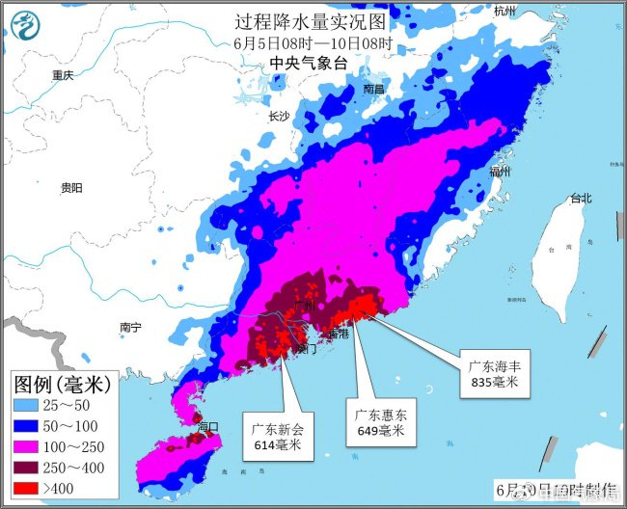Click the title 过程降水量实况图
pyautogui.click(x=313, y=22)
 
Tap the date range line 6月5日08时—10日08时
pyautogui.click(x=313, y=43)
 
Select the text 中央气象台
pyautogui.click(x=307, y=63)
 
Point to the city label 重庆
pyautogui.click(x=64, y=75)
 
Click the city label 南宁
pyautogui.click(x=130, y=328)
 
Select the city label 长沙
pyautogui.click(x=278, y=117)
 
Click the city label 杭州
pyautogui.click(x=504, y=11)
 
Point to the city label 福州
pyautogui.click(x=499, y=172)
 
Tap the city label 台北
pyautogui.click(x=580, y=199)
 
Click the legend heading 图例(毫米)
pyautogui.click(x=65, y=384)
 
